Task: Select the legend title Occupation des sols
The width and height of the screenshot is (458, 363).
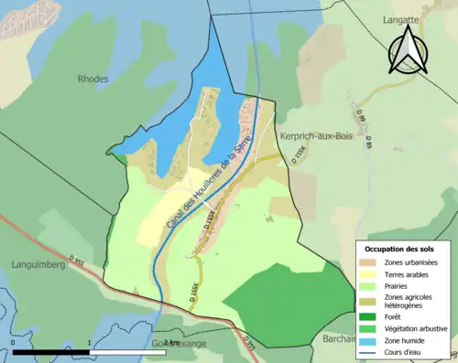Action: pos(401,249)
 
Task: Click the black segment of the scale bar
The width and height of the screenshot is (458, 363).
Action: pos(50,353)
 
